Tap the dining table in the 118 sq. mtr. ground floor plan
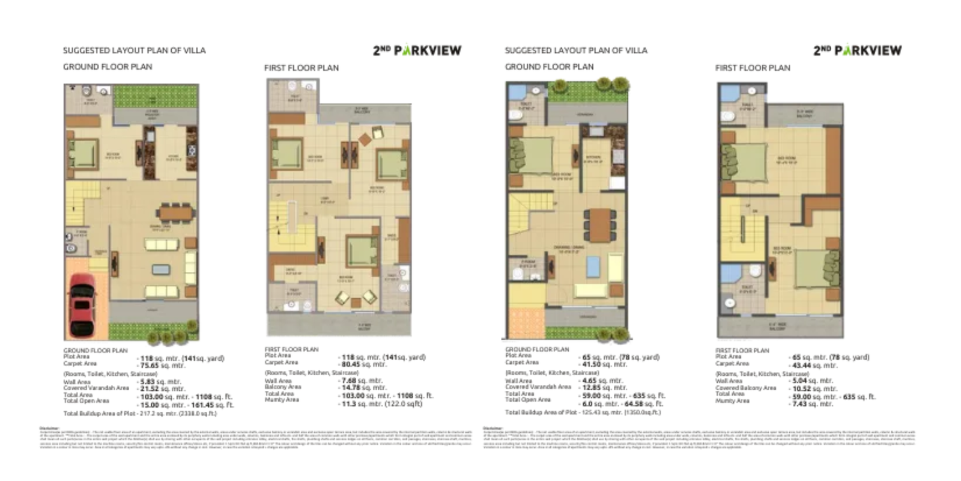tap(176, 212)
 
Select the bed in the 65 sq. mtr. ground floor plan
tap(530, 154)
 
